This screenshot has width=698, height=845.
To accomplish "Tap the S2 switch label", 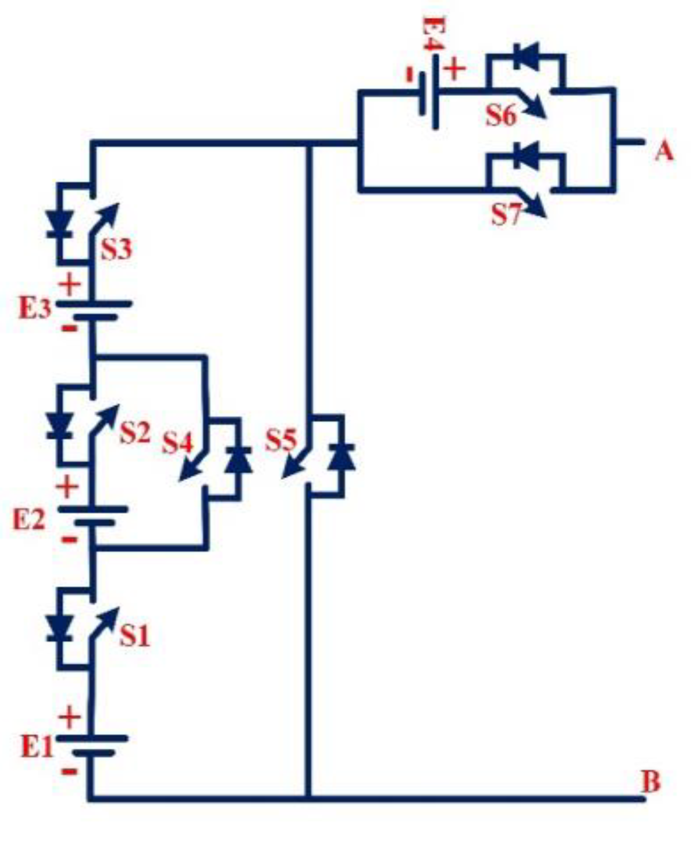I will tap(135, 433).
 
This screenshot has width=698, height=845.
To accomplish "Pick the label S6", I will tap(501, 116).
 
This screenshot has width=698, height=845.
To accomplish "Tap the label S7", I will tap(507, 215).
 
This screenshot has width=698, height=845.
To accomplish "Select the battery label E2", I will tap(29, 520).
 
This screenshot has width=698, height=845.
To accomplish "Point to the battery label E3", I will tap(35, 308).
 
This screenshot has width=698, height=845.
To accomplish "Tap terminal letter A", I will tap(664, 151).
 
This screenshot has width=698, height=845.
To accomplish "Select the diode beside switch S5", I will tap(342, 457).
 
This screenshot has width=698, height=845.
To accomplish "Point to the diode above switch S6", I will tap(525, 57).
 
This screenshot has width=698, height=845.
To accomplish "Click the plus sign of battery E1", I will tap(70, 717).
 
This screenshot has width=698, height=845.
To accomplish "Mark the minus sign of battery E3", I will tap(69, 327).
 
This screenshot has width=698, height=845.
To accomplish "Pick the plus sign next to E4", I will tap(454, 69).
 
